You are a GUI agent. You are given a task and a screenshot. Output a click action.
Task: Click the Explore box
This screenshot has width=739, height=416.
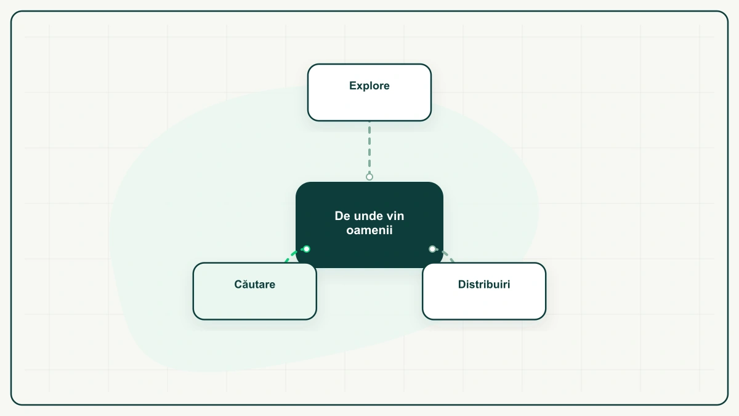point(369,92)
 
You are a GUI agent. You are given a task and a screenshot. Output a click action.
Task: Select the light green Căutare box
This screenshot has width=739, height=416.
point(255,291)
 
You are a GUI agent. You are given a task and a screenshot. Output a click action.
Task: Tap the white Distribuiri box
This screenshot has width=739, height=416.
point(484,291)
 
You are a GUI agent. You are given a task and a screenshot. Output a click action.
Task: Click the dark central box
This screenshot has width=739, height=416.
point(369,225)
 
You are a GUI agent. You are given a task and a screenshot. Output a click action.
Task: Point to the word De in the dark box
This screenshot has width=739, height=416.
point(342,216)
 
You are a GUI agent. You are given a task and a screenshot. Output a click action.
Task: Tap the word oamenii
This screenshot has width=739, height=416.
point(369,230)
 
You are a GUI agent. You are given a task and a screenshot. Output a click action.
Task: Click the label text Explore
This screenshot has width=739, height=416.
point(369,86)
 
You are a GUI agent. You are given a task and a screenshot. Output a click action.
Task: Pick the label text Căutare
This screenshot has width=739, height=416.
point(255,284)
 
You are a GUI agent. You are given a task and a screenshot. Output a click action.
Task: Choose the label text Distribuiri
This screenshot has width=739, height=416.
point(484,284)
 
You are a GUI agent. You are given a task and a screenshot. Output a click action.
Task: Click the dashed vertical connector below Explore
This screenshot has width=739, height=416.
point(369,147)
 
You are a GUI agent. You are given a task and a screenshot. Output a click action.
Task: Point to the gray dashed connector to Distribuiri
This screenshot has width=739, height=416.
point(445,255)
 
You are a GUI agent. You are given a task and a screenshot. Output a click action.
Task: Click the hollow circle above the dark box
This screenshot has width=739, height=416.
point(369,177)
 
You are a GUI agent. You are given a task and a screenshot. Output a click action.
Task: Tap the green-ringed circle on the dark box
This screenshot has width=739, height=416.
point(307,249)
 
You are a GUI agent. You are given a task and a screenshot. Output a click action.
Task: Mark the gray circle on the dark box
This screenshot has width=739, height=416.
point(432,249)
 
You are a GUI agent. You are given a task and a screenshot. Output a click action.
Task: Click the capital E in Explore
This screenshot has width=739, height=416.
point(353,86)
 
